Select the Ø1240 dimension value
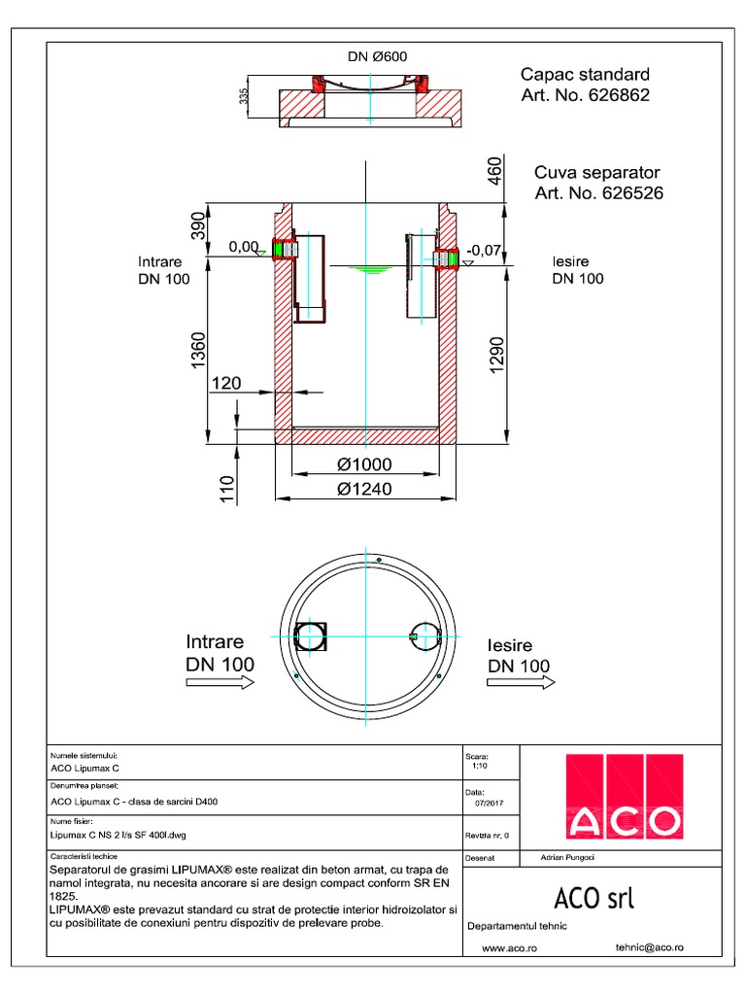(364, 489)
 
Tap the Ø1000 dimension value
(364, 465)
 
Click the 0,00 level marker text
(244, 248)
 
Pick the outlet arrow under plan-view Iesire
(520, 686)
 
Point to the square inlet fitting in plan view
(312, 635)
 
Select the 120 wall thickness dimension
(226, 384)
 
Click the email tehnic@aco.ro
(650, 945)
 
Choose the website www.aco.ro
(510, 946)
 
